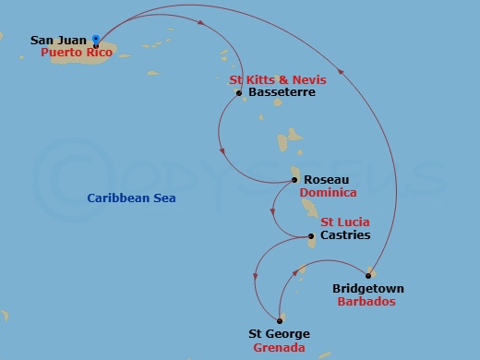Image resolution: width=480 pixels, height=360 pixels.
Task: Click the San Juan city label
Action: point(59,41)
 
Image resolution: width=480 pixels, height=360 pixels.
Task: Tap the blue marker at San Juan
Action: point(97,39)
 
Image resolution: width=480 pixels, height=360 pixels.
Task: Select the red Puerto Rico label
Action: point(77,54)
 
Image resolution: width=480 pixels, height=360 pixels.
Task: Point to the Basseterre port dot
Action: point(238,93)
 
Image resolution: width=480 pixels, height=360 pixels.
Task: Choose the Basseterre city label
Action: point(282,93)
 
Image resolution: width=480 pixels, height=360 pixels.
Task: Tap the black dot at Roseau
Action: point(294,181)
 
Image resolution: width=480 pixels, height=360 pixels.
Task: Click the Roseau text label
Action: point(323,181)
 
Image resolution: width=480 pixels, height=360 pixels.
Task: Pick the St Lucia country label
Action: point(345,222)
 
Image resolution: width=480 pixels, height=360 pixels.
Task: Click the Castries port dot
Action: point(311,236)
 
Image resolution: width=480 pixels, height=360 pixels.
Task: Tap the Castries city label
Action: point(344,235)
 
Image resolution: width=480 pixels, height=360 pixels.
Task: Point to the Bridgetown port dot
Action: point(368,275)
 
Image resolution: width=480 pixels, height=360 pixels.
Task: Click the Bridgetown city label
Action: point(367,289)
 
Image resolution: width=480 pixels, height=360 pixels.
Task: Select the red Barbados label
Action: point(367,302)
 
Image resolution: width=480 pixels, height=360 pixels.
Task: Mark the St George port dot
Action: point(279,320)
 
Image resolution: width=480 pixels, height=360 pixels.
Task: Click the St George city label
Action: point(279,334)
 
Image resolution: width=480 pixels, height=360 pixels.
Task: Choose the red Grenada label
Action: point(279,348)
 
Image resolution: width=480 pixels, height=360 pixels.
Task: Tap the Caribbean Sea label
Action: point(131,198)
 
